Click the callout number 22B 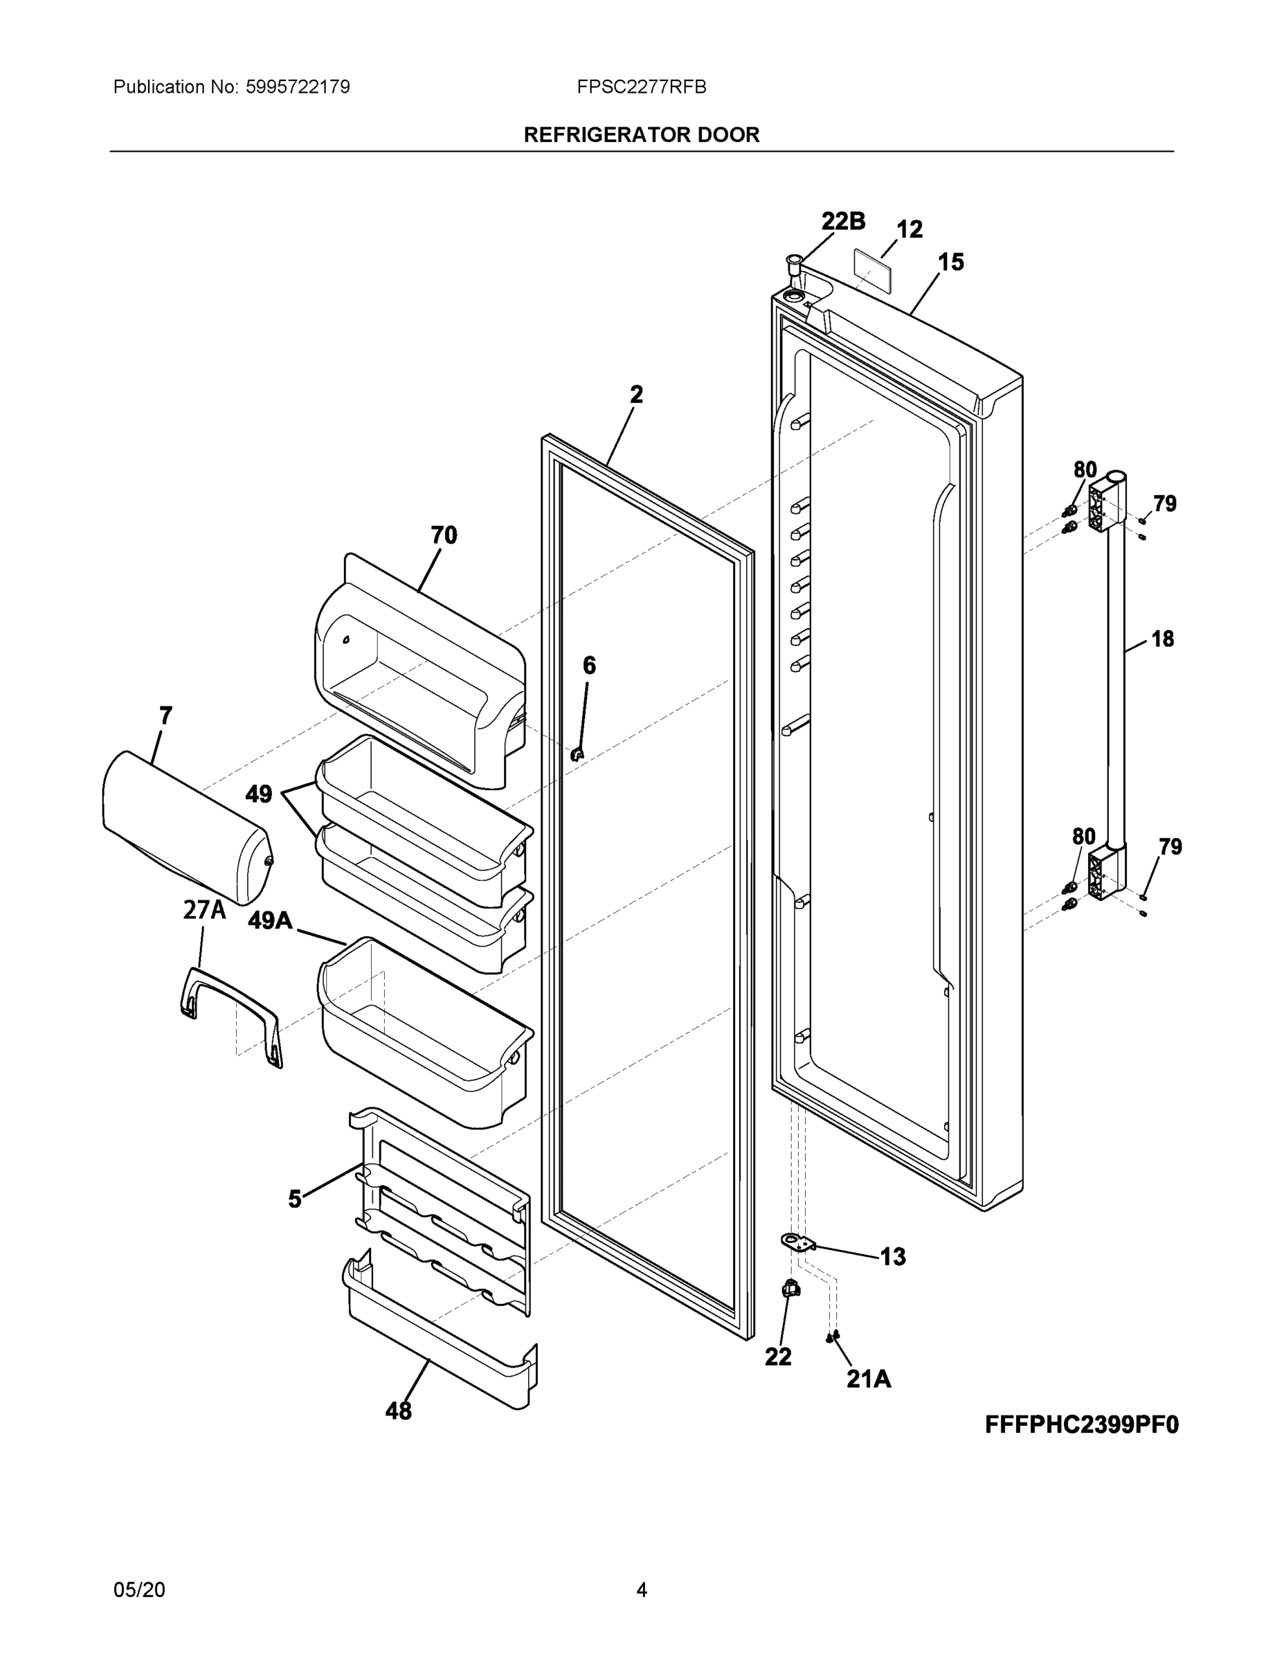click(x=843, y=221)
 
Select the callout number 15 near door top click(x=951, y=262)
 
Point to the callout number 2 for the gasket click(x=636, y=394)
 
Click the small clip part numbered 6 click(x=577, y=755)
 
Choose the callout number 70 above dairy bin click(x=444, y=535)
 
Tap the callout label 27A click(x=204, y=909)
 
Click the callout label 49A click(x=270, y=920)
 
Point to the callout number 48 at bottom click(x=398, y=1411)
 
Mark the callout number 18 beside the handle click(x=1161, y=638)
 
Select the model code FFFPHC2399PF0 click(x=1081, y=1424)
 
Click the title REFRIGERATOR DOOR click(x=641, y=135)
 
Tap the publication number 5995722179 click(x=298, y=87)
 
